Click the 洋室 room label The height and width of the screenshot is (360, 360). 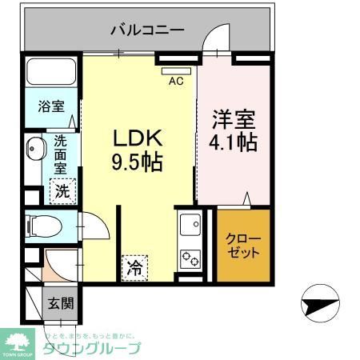233,121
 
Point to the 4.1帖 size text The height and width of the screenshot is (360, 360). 234,144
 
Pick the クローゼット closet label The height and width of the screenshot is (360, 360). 242,245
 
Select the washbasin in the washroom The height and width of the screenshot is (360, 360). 35,150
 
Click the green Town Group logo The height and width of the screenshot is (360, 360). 18,342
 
